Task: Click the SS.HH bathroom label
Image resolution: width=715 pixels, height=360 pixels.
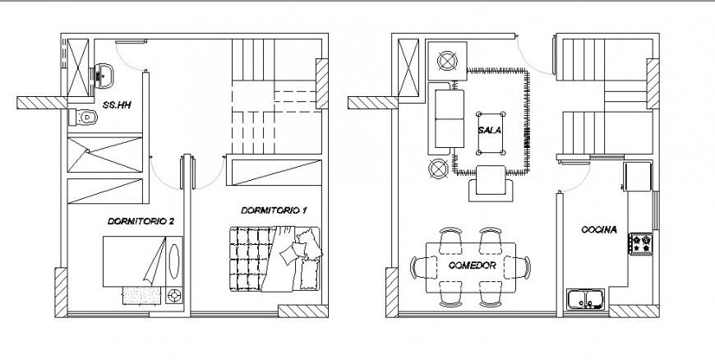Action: click(115, 105)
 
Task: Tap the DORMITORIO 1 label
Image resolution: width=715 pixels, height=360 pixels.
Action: click(274, 211)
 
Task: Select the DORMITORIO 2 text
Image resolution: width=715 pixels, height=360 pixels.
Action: click(140, 222)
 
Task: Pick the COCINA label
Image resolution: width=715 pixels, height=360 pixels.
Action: click(598, 229)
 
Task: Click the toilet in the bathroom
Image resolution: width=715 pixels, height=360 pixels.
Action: click(85, 118)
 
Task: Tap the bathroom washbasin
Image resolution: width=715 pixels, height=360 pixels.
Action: click(104, 75)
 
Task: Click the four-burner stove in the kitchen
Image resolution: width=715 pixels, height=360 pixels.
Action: click(640, 243)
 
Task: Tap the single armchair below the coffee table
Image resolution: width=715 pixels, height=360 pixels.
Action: click(493, 182)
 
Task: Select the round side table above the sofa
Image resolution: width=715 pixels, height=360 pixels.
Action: click(448, 61)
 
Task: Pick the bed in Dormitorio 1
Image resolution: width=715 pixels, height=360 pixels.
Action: click(275, 259)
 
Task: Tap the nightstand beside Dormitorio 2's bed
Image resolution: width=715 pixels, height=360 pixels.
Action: click(174, 295)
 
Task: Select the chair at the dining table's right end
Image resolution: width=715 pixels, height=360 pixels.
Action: click(523, 268)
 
